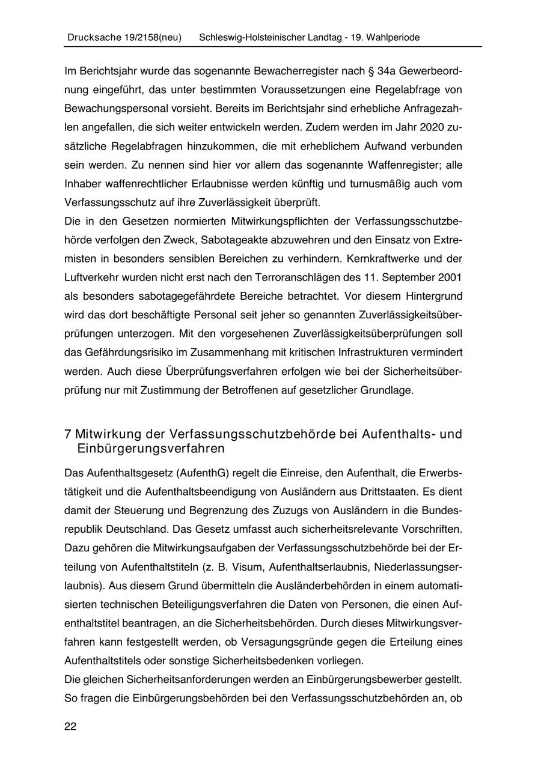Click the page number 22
coord(70,727)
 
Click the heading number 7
coord(68,434)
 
